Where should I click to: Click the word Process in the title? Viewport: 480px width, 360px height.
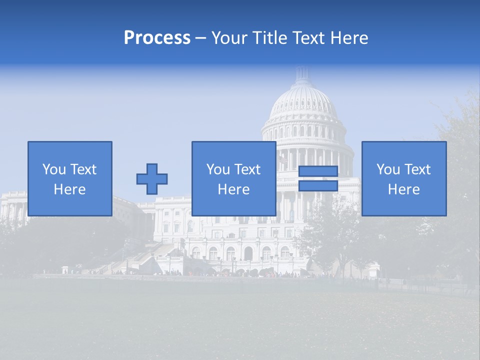point(157,38)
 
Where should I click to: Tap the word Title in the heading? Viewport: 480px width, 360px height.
point(270,38)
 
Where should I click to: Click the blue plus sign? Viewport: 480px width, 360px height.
point(152,179)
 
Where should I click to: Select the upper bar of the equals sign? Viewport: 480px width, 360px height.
point(318,171)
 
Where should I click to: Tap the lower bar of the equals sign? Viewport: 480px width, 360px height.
point(318,186)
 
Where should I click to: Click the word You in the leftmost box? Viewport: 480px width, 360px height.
point(54,169)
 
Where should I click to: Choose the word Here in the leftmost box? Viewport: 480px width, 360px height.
point(69,189)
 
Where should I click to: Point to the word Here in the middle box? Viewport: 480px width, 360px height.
point(233,189)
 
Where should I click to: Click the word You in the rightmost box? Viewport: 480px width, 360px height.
point(388,169)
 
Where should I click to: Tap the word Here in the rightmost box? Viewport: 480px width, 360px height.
point(403,189)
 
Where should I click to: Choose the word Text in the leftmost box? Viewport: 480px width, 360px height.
point(82,169)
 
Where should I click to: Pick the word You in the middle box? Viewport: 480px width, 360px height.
point(218,169)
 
